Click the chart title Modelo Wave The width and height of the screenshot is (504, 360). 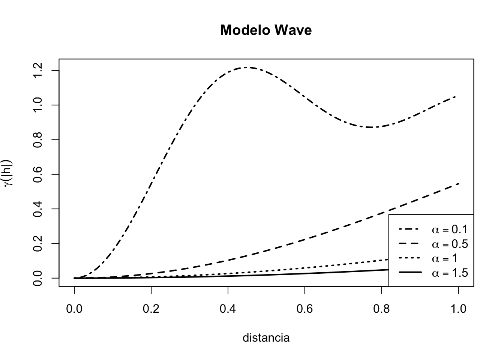[266, 30]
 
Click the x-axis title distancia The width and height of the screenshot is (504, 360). [266, 338]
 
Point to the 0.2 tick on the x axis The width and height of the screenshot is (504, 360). [151, 309]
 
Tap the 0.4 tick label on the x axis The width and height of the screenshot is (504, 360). [228, 309]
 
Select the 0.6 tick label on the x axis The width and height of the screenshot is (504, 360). [305, 309]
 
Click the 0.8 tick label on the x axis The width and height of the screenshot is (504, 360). [382, 309]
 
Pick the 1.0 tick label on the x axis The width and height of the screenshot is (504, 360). [458, 309]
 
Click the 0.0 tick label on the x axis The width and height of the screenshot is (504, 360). [74, 309]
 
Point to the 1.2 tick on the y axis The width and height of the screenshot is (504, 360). [37, 70]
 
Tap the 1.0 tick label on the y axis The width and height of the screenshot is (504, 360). [37, 105]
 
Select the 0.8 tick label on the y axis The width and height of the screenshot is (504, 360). [37, 139]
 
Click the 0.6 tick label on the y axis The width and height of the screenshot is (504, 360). [37, 174]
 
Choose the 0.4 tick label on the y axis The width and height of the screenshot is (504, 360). [37, 209]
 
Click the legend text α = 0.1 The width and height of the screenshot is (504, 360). [450, 229]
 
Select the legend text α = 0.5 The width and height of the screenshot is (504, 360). [450, 244]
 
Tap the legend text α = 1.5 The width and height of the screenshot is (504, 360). [450, 273]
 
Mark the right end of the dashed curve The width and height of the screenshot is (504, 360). [458, 184]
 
